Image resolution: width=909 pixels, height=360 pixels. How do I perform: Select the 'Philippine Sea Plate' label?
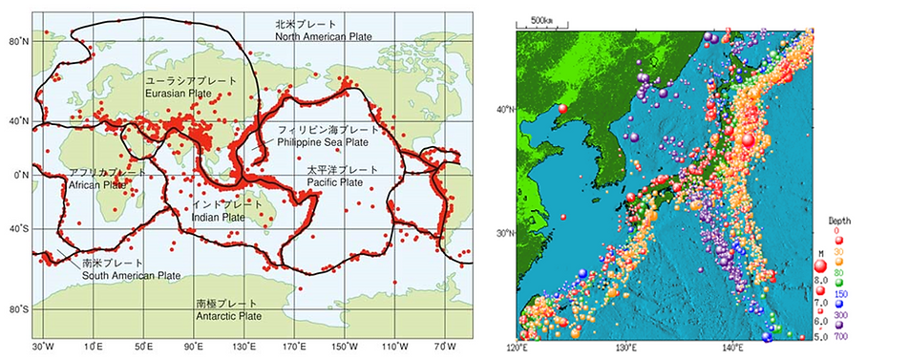coord(322,141)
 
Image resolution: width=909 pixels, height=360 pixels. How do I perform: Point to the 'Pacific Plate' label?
coord(334,181)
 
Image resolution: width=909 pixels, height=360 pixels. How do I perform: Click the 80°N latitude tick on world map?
coord(18,42)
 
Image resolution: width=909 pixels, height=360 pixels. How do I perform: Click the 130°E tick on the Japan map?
coord(625,348)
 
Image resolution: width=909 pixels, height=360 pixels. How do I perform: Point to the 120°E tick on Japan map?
coord(517,348)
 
